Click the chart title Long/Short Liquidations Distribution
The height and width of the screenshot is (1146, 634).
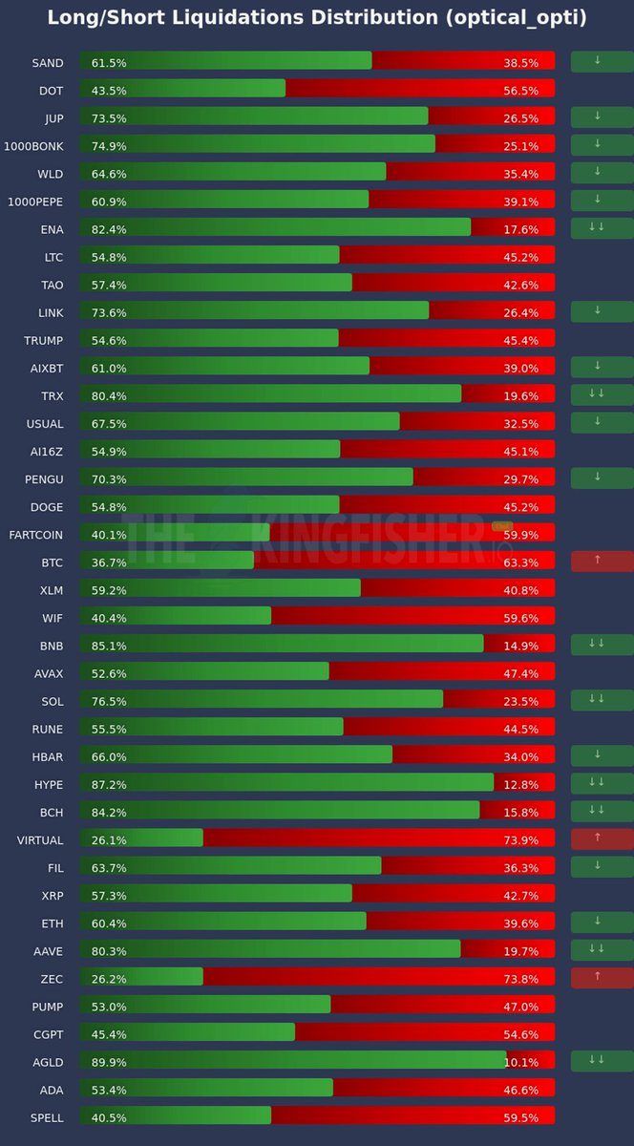pos(316,18)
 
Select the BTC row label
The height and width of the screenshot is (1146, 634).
pos(51,562)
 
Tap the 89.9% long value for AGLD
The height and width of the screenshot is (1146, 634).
pos(109,1062)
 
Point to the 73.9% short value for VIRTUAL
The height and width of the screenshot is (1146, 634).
pos(521,840)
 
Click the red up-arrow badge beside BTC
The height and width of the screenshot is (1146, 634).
pos(602,562)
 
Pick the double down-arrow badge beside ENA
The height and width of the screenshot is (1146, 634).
pos(602,228)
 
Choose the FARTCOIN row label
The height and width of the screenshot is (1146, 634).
pos(36,535)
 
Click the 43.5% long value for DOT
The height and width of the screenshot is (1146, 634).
pos(109,91)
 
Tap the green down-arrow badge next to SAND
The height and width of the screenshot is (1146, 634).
pos(602,62)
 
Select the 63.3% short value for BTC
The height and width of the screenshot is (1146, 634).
pos(521,562)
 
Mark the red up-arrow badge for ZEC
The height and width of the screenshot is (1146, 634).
pos(602,978)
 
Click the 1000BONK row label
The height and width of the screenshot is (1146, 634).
pos(35,146)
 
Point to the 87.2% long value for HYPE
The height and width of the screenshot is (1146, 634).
pos(109,785)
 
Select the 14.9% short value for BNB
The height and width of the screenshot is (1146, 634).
pos(521,646)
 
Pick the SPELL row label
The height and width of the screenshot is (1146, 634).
pos(47,1117)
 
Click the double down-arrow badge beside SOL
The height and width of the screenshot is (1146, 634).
pos(602,700)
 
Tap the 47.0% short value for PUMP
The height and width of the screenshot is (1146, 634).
pos(521,1007)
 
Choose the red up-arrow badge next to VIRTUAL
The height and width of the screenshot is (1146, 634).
pos(602,839)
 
